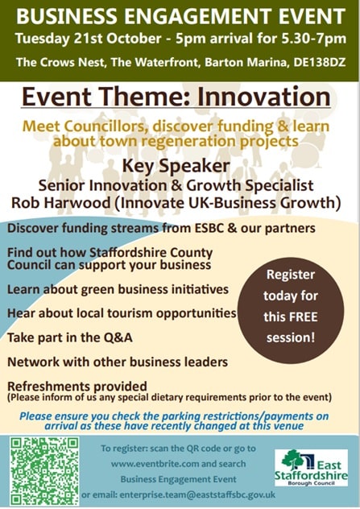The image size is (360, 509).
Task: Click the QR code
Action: point(44,471)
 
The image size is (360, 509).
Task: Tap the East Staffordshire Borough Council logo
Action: point(311,468)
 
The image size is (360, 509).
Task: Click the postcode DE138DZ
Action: point(320,62)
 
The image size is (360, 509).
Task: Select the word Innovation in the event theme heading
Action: point(264,97)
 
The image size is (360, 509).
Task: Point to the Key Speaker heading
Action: point(176,166)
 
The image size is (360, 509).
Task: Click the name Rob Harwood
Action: point(61,203)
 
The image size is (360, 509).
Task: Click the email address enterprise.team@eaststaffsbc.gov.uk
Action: point(197,495)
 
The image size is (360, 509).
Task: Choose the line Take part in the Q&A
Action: point(70,337)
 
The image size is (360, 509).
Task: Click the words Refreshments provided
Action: point(77,387)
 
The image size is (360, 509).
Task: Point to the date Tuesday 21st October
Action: point(88,39)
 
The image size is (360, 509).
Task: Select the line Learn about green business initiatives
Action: point(118,289)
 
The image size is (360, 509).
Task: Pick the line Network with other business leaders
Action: point(118,362)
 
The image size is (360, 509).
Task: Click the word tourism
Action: point(130,313)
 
